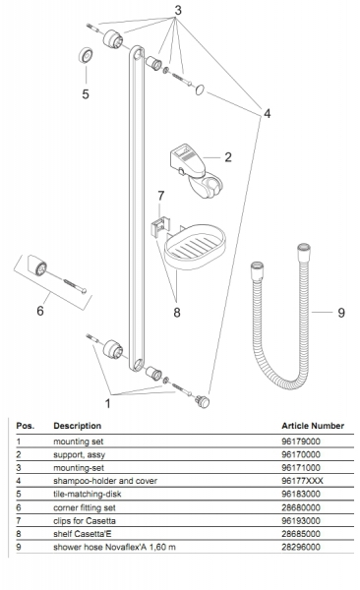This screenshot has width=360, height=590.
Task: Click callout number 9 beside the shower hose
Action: [340, 313]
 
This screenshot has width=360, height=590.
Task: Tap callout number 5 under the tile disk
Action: [86, 93]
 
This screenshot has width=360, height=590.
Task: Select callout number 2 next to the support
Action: [228, 157]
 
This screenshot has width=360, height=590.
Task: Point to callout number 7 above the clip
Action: [160, 196]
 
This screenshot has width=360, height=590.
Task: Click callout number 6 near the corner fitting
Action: [40, 311]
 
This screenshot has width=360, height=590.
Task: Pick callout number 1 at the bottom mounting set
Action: [107, 403]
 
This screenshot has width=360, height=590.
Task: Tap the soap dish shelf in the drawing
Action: [195, 247]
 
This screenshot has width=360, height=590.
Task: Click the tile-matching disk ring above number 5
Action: [87, 56]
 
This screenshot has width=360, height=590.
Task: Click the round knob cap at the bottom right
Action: [202, 401]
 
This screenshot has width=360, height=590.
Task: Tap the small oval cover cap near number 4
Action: [200, 89]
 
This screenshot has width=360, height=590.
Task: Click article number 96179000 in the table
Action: [301, 442]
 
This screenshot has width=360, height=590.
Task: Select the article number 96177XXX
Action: [302, 481]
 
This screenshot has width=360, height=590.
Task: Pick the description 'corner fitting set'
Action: [85, 507]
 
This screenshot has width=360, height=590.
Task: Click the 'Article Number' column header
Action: [313, 426]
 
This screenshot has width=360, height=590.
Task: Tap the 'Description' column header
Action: [77, 426]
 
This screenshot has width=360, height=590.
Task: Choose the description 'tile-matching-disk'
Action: [88, 494]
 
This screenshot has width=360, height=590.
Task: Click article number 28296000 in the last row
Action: [301, 547]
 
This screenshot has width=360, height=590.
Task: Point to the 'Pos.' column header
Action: [26, 426]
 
